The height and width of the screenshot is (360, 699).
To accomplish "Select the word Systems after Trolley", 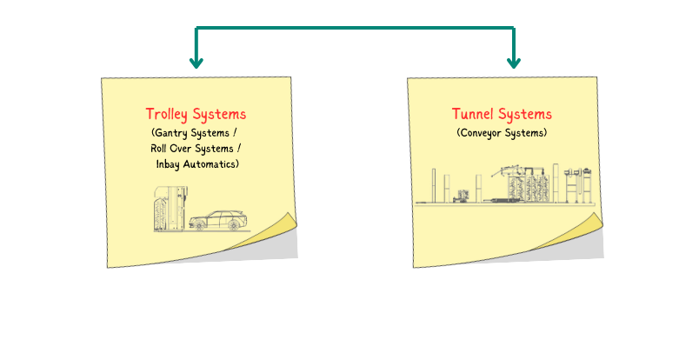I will pos(219,114).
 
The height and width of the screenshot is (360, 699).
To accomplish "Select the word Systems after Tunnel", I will pos(525,114).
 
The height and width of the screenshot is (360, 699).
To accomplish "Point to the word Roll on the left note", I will pos(162,148).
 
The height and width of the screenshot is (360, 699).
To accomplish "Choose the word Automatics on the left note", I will pos(215,163).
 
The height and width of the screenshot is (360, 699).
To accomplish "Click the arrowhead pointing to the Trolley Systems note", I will pos(196,63).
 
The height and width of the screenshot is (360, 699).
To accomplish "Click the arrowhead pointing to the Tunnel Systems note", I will pos(514,63).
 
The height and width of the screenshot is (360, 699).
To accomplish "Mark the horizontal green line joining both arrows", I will pos(355,28).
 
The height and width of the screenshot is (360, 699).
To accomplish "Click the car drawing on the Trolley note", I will pos(216,220).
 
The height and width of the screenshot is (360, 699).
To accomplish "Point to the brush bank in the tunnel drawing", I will pos(526,187).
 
